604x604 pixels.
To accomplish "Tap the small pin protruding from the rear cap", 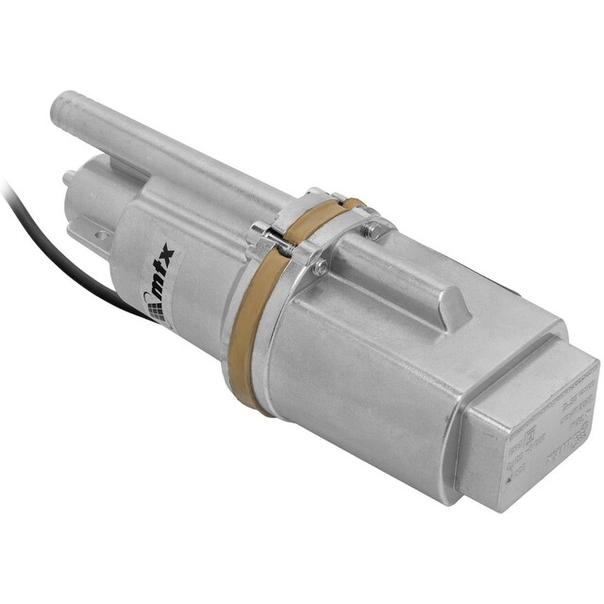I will click(x=68, y=176).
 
